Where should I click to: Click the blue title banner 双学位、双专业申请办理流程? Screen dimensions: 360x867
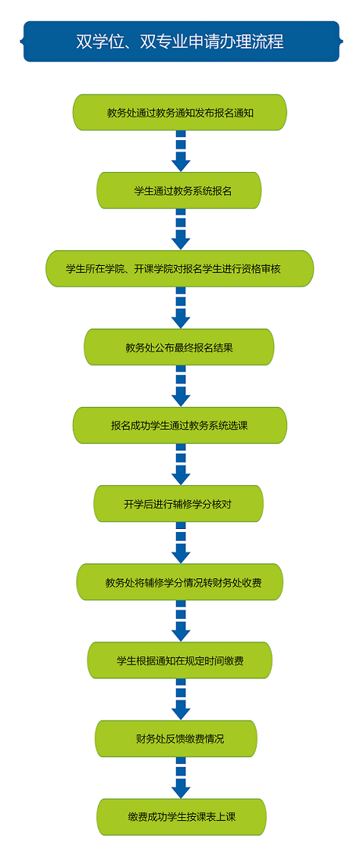pyautogui.click(x=180, y=41)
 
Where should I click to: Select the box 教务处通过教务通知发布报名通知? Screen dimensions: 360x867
pyautogui.click(x=180, y=112)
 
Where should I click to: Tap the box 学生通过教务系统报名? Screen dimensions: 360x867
pyautogui.click(x=180, y=191)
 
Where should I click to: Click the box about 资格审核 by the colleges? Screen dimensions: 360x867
pyautogui.click(x=180, y=268)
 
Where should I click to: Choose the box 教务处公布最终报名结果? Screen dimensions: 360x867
pyautogui.click(x=179, y=347)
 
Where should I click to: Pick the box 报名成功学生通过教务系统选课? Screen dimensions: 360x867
pyautogui.click(x=180, y=425)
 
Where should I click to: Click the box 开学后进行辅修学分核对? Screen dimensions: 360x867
pyautogui.click(x=178, y=504)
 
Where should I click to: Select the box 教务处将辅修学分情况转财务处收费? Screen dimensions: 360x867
pyautogui.click(x=180, y=582)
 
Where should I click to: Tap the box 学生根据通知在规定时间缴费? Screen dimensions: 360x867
pyautogui.click(x=180, y=660)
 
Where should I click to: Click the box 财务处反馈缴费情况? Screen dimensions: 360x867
pyautogui.click(x=177, y=739)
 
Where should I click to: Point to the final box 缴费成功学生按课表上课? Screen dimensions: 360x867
pyautogui.click(x=182, y=817)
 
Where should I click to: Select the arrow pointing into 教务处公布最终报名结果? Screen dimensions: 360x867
pyautogui.click(x=181, y=308)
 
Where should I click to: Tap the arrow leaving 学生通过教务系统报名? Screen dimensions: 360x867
pyautogui.click(x=181, y=229)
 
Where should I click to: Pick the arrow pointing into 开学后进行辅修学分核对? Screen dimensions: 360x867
pyautogui.click(x=181, y=465)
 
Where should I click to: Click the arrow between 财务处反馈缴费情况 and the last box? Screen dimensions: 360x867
pyautogui.click(x=181, y=778)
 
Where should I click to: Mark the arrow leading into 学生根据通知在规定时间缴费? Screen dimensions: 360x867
pyautogui.click(x=181, y=621)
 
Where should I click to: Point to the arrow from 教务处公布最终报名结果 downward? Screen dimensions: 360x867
pyautogui.click(x=181, y=387)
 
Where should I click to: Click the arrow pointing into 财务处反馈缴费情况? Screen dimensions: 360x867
pyautogui.click(x=181, y=700)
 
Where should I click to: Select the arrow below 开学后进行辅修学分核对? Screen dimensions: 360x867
pyautogui.click(x=181, y=543)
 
